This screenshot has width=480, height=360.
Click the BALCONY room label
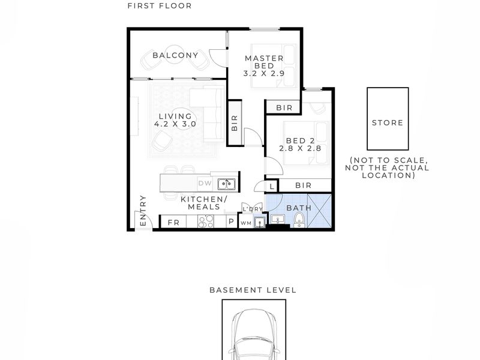click(175, 55)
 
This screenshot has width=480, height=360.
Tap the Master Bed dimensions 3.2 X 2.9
click(264, 73)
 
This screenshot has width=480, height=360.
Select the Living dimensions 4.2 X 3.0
click(175, 124)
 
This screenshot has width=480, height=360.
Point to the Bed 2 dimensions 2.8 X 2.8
click(300, 148)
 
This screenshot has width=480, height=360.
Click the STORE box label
click(388, 123)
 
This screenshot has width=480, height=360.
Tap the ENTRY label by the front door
click(143, 211)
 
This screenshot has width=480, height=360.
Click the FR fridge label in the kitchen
click(173, 223)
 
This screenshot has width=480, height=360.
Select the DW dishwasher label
click(205, 184)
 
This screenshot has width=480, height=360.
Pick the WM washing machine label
click(246, 223)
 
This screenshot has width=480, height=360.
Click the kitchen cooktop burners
click(206, 221)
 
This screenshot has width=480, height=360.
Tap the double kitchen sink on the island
click(227, 184)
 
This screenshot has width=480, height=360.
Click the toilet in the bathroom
click(299, 220)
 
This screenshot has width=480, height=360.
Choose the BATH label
click(299, 208)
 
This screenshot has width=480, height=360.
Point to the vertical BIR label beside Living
click(235, 123)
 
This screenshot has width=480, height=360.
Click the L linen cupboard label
click(272, 187)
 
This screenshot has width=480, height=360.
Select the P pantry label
click(232, 221)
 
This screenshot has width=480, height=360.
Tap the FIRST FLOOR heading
click(160, 6)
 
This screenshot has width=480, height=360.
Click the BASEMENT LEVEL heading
click(253, 290)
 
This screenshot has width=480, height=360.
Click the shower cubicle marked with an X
click(319, 211)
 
